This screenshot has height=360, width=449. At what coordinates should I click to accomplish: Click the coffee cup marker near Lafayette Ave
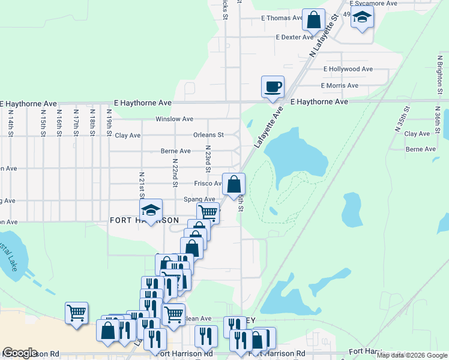coord(273,86)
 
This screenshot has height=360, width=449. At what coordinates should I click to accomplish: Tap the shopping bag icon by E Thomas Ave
coord(313,19)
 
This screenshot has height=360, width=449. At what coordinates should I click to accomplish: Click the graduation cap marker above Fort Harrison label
coord(151,209)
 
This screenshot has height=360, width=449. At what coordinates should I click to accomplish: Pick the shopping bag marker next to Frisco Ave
coord(234,184)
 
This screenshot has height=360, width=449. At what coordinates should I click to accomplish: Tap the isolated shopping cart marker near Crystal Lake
coord(77,313)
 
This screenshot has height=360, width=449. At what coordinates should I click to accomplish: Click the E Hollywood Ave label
coord(348,70)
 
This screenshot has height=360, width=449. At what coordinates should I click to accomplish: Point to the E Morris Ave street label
coord(340,86)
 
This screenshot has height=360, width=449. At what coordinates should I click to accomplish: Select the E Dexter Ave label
coord(295,37)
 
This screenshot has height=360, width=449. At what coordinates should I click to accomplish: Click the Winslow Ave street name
coord(174,119)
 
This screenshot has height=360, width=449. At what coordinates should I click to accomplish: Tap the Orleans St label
coord(208,135)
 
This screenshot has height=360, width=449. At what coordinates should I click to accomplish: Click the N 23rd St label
coord(208,158)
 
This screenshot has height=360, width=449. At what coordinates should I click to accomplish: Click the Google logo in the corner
coord(20,353)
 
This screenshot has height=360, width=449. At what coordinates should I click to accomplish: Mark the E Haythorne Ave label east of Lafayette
coord(319,102)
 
